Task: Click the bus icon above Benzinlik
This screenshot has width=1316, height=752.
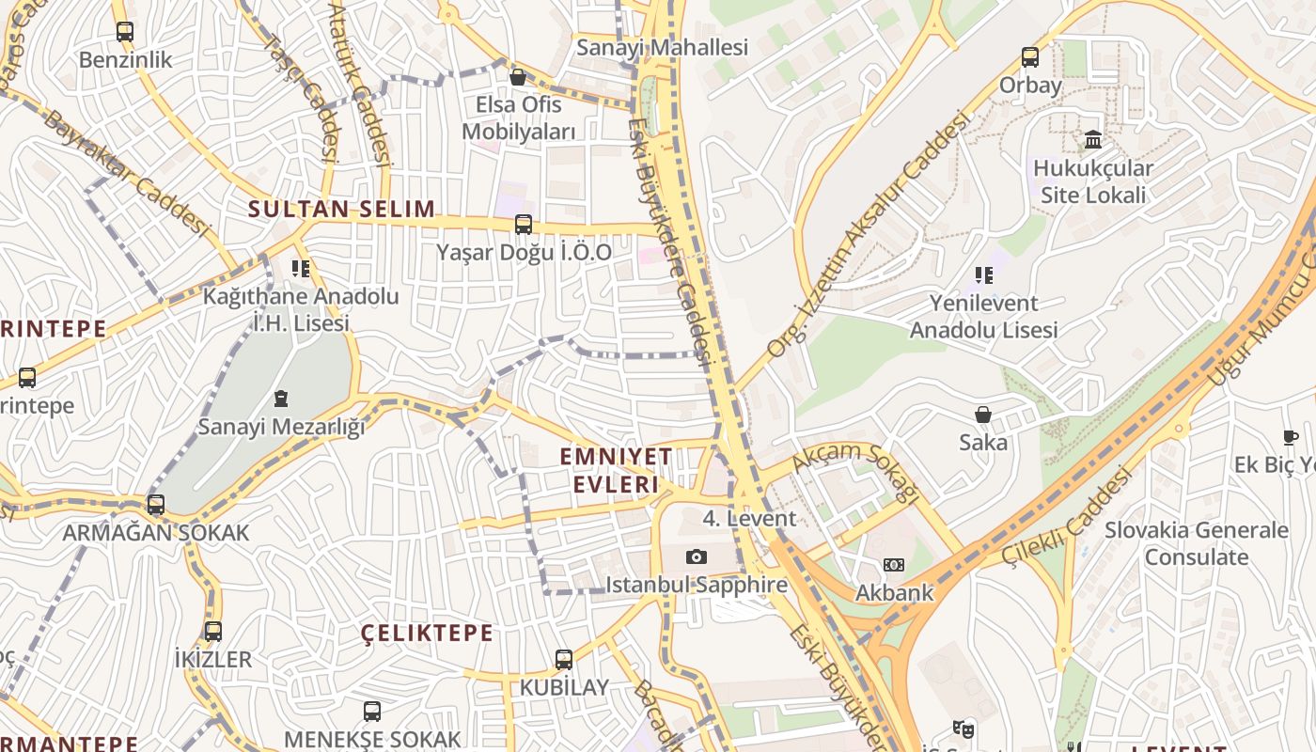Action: pos(125,31)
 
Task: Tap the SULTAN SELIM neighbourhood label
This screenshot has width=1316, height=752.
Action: pos(341,209)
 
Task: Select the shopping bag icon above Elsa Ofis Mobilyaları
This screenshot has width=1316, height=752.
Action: pos(517,76)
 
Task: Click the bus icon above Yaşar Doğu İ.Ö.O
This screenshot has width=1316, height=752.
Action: pos(524,225)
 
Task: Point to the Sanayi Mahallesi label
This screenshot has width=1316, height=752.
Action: pos(662,47)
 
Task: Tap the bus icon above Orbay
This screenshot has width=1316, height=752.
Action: pos(1030,57)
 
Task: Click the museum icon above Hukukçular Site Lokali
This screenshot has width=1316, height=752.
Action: pos(1092,140)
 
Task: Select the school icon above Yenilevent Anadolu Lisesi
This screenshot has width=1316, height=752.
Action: pos(983,275)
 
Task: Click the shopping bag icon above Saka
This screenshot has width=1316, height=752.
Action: pos(983,415)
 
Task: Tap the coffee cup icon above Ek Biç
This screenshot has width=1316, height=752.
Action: pos(1291,437)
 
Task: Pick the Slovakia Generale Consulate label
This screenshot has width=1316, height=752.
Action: pos(1196,543)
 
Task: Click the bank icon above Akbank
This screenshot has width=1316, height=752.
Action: pos(893,565)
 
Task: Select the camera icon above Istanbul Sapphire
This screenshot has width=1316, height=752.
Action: pos(696,557)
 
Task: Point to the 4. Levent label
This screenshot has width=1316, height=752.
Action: pos(749,518)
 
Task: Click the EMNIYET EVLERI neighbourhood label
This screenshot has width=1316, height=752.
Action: pos(616,470)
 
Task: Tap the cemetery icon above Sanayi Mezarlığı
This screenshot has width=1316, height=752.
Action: pos(280,399)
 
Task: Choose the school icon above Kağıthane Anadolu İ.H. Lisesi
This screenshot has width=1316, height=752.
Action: pos(301,269)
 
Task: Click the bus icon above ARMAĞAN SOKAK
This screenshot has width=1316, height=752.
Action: pos(156,505)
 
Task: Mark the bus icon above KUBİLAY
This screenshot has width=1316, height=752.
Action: pos(564,660)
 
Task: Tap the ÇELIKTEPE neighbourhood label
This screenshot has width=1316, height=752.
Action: pos(428,633)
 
